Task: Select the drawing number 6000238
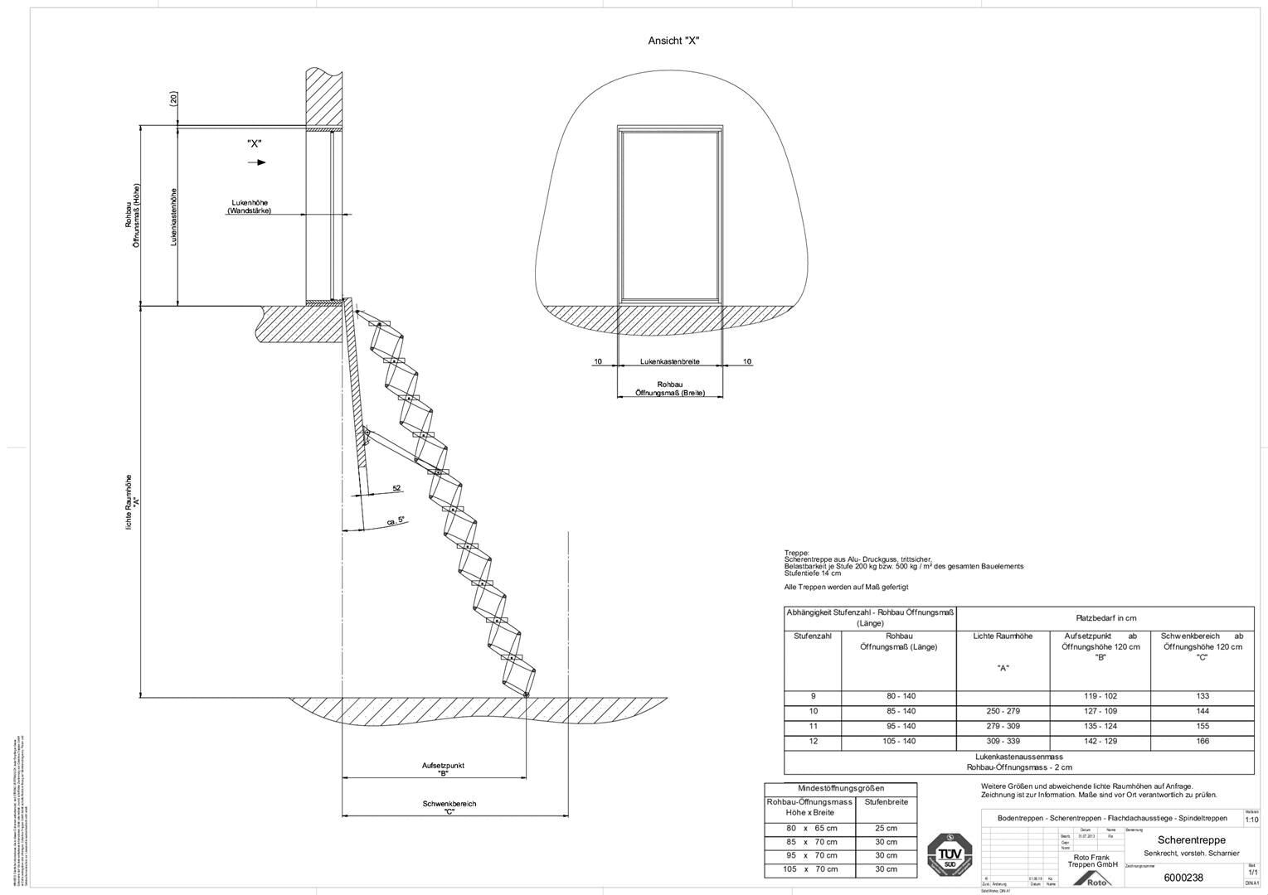[1183, 878]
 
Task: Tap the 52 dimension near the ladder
[396, 488]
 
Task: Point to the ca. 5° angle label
[396, 521]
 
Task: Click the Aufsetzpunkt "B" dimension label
[443, 769]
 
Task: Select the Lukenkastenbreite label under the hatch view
[669, 361]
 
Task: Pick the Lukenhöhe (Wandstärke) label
[249, 207]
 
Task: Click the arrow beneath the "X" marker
[258, 162]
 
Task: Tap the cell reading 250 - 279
[1003, 711]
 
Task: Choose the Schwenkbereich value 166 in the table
[1202, 741]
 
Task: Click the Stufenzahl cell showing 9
[812, 696]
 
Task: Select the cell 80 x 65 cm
[811, 828]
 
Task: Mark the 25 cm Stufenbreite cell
[886, 828]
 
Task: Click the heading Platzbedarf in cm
[1105, 618]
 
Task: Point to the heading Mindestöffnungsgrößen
[840, 788]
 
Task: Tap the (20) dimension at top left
[173, 99]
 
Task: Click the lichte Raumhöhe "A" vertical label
[129, 502]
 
